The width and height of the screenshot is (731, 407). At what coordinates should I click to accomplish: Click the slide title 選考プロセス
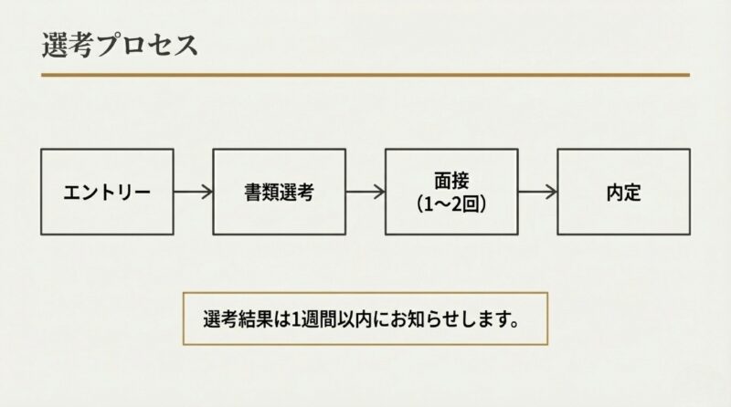pos(120,45)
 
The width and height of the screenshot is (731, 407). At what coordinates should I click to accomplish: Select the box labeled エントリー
pos(107,192)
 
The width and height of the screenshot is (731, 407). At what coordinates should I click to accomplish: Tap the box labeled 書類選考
pos(279,192)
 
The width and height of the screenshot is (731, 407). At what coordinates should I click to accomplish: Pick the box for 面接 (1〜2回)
pos(450,192)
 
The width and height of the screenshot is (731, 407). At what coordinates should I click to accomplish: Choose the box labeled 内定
pos(623,192)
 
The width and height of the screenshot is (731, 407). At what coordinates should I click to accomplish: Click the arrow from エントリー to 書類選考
pos(193,192)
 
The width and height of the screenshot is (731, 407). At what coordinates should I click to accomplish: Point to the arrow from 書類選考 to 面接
pos(365,192)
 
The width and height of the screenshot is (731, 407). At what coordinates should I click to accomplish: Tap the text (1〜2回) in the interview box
pos(450,203)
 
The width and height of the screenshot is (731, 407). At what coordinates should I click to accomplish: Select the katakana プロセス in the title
pos(147,45)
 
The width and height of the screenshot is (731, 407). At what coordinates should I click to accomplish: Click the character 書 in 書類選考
pos(255,193)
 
